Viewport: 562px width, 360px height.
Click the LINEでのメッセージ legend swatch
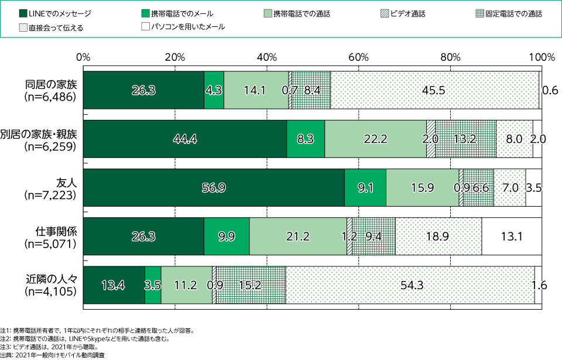(23, 13)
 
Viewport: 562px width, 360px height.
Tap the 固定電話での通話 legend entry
(505, 13)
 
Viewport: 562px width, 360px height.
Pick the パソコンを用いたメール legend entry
(183, 27)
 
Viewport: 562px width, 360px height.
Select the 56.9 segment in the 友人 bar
(214, 187)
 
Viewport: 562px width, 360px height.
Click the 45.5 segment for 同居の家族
(434, 90)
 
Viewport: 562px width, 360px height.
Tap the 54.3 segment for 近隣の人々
(410, 285)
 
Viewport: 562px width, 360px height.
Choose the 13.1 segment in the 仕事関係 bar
(512, 236)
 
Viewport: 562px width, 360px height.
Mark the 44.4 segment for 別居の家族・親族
(185, 139)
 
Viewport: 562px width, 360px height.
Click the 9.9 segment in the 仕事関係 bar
(227, 236)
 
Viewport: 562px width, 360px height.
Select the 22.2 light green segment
(375, 139)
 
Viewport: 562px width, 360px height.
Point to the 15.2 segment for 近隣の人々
(251, 285)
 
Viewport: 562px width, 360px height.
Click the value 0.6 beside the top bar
(550, 90)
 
